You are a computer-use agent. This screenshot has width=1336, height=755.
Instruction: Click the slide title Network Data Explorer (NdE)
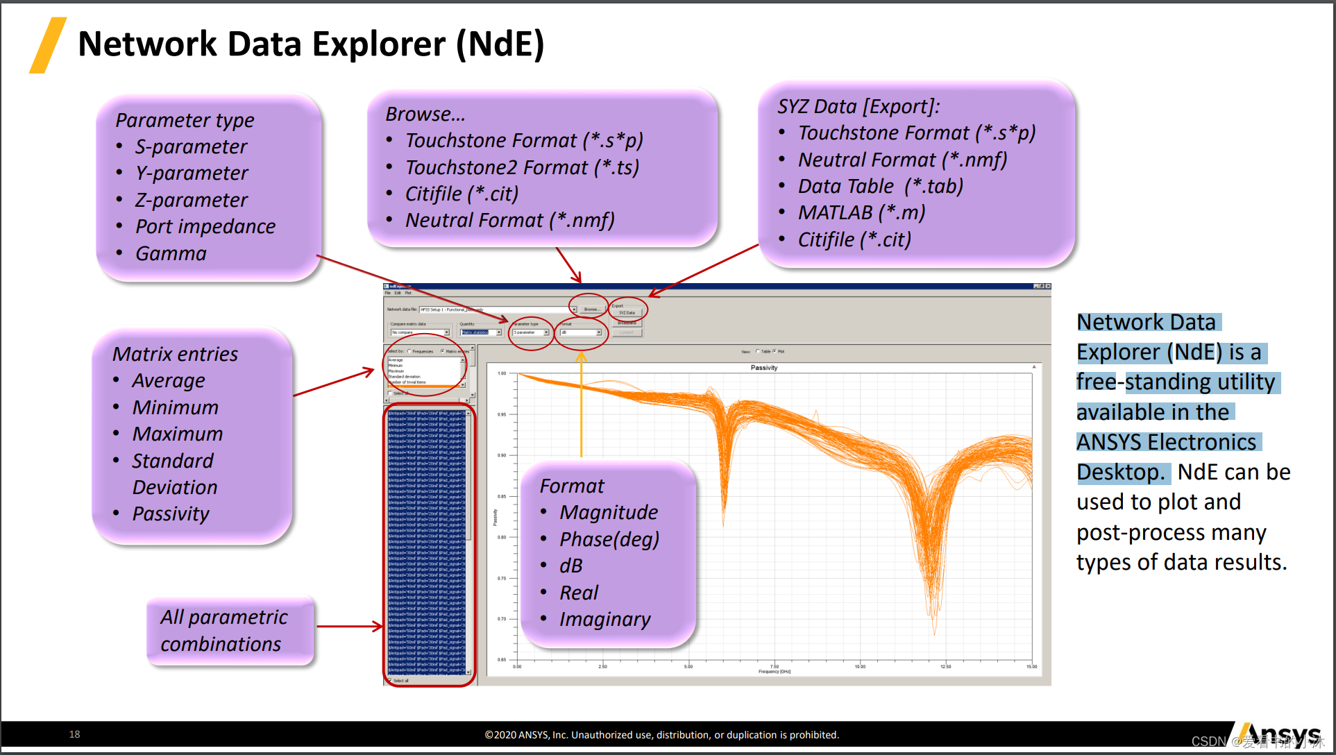[311, 44]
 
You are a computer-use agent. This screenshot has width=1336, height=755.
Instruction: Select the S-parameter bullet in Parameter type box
[191, 146]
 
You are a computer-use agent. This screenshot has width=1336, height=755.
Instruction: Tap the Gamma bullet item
[171, 253]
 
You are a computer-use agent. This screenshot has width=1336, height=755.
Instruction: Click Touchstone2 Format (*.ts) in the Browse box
[522, 167]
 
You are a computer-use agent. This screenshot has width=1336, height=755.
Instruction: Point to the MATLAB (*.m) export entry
[861, 212]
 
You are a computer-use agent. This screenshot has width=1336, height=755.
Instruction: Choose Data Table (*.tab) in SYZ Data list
[880, 186]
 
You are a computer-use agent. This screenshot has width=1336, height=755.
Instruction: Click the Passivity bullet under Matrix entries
[171, 514]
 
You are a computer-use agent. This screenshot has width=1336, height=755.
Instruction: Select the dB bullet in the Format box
[570, 566]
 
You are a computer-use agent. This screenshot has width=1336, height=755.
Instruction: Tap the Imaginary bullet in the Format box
[604, 619]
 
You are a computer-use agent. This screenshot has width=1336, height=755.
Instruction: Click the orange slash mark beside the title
[48, 45]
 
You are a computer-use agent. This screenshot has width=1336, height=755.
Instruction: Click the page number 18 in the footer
[74, 734]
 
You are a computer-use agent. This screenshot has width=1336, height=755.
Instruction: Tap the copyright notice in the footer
[661, 735]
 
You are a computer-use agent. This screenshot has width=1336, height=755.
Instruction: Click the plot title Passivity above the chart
[763, 368]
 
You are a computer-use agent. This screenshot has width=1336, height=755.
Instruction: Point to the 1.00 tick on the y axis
[502, 373]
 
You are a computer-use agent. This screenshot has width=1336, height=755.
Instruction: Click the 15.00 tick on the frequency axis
[1031, 667]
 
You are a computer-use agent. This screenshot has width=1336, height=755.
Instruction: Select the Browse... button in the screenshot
[591, 309]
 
